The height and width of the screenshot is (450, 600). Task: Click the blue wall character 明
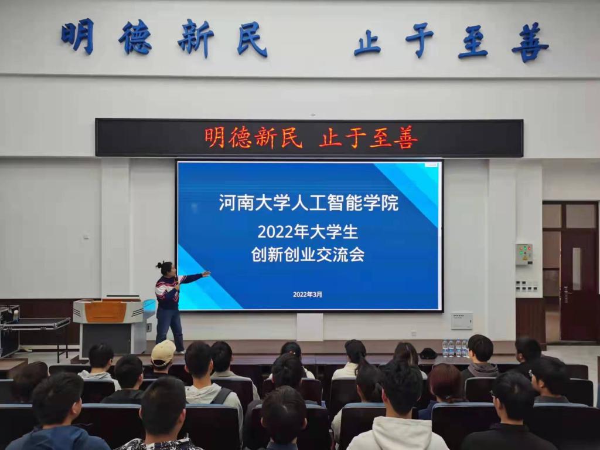click(x=78, y=36)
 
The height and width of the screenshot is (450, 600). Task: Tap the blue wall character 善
click(x=530, y=43)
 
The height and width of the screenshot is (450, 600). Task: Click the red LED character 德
click(x=240, y=138)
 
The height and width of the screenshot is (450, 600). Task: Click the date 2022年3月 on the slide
click(x=308, y=295)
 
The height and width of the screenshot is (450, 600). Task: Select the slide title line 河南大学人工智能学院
click(x=308, y=203)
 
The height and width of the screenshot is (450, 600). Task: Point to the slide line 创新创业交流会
click(x=308, y=254)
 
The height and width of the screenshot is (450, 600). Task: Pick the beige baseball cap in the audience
click(x=163, y=353)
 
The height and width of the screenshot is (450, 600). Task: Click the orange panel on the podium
click(x=105, y=312)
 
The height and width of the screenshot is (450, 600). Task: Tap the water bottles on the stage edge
click(x=455, y=348)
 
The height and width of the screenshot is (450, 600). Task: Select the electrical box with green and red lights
click(x=524, y=255)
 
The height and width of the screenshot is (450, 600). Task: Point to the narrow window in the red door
click(x=577, y=263)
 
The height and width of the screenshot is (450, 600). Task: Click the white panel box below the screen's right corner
click(x=462, y=320)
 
